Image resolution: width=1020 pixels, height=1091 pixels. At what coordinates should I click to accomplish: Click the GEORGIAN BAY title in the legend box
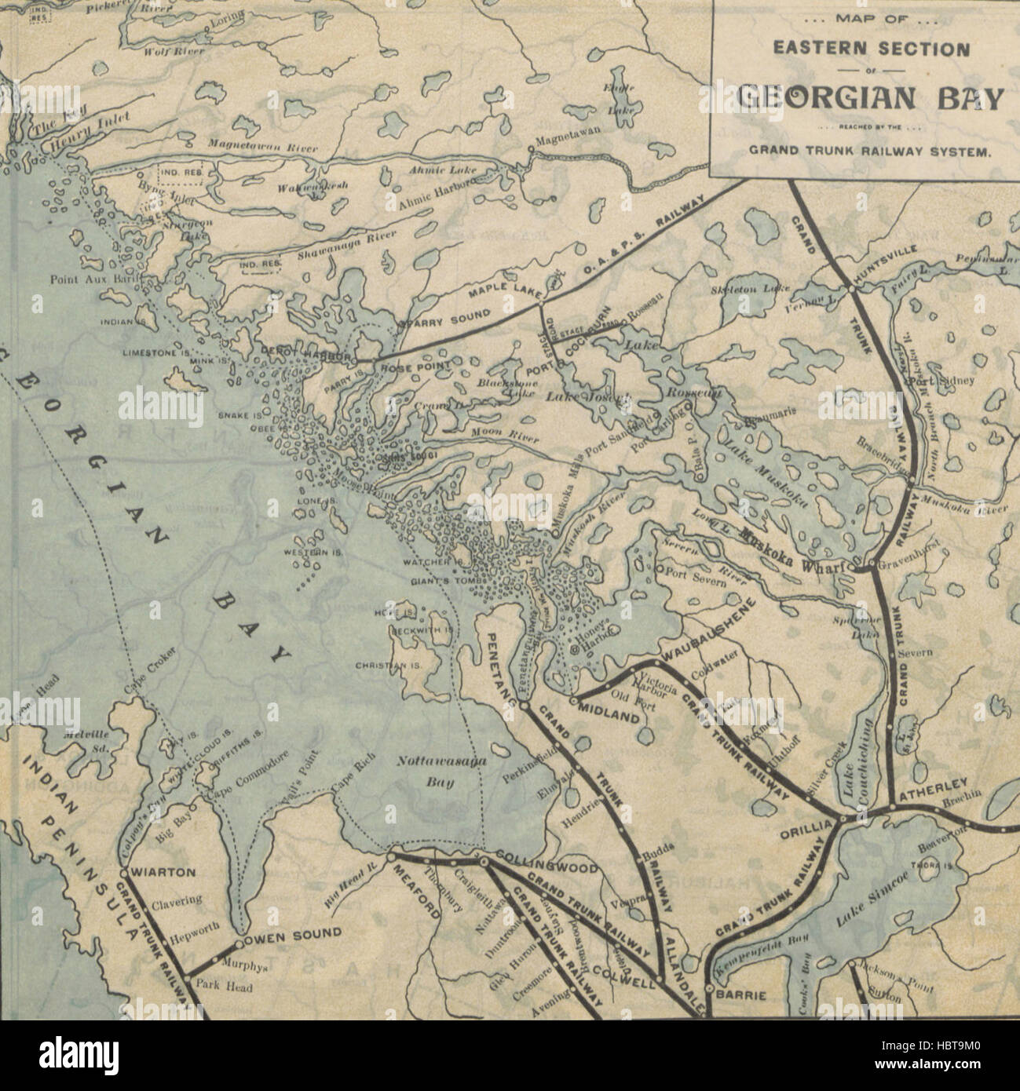click(x=870, y=100)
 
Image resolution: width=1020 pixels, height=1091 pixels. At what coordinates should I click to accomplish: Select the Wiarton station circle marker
click(x=124, y=872)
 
